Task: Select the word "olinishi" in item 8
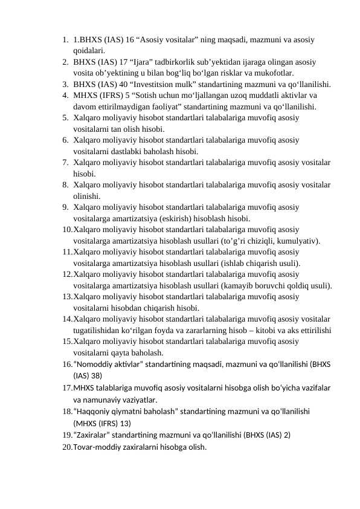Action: click(86, 196)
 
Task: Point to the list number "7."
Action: click(64, 163)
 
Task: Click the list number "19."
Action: click(66, 435)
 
